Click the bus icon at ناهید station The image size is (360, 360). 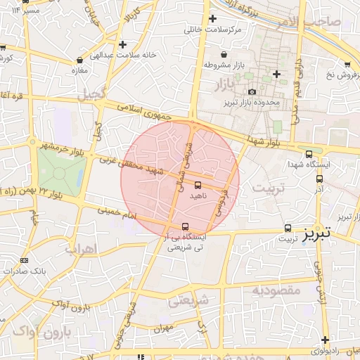[x=197, y=185]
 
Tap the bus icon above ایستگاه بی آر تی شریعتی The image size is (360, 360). [x=185, y=226]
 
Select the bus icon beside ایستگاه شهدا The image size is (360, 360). [x=309, y=153]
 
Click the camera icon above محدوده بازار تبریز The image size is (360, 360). [x=252, y=91]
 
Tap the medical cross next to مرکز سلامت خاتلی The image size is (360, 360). [x=212, y=19]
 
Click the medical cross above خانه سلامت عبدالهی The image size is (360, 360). [x=123, y=44]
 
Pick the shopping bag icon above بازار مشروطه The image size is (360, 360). [x=224, y=54]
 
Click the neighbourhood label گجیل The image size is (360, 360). [x=92, y=94]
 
